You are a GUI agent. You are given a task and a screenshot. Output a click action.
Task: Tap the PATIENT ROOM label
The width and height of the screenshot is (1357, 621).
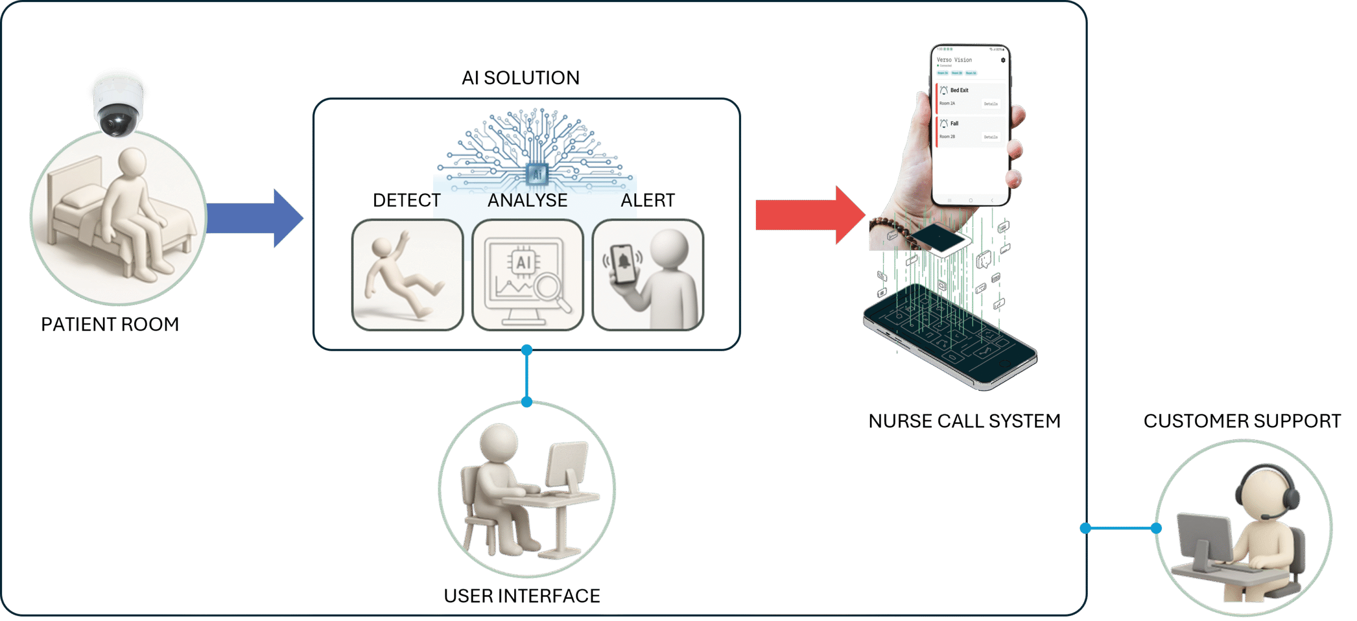pos(110,324)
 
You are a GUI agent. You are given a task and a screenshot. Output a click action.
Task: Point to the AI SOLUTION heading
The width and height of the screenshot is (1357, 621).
pos(521,78)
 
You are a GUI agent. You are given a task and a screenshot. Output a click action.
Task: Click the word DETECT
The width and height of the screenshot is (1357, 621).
pos(407,200)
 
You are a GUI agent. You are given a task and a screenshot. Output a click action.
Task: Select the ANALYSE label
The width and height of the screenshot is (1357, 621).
pos(527,200)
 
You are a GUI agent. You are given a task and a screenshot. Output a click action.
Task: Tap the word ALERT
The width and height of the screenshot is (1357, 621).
pos(648,200)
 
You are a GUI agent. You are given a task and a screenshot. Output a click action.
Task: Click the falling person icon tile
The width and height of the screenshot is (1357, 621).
pos(407,275)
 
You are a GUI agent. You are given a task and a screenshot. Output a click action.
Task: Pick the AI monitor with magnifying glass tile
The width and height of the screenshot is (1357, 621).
pos(527,275)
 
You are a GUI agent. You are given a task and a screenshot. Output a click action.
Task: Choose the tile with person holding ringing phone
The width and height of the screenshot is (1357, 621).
pos(648,275)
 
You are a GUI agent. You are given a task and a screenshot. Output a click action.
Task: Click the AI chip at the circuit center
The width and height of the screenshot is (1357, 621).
pos(537,174)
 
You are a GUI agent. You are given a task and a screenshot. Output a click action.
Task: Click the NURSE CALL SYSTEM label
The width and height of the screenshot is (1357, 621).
pos(965,421)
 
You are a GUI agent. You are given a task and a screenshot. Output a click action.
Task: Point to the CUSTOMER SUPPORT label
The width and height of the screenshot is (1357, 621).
pos(1242,421)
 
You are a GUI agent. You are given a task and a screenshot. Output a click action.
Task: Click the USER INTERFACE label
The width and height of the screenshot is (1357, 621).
pos(522,596)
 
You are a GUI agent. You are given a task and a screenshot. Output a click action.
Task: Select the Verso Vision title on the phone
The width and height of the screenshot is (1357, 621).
pos(954,60)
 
